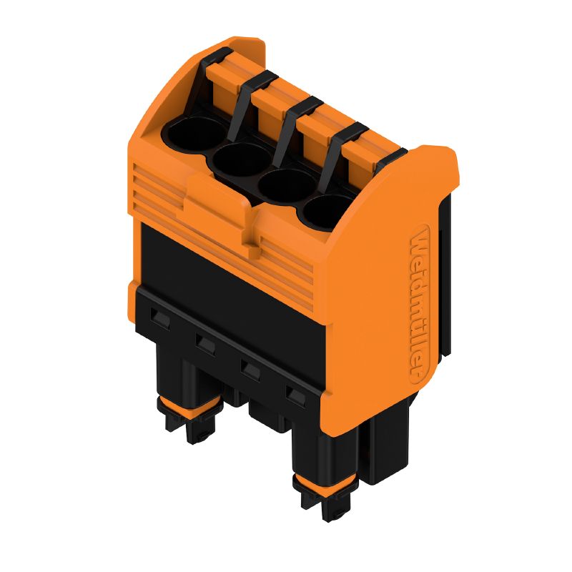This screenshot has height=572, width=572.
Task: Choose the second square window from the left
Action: click(x=205, y=345)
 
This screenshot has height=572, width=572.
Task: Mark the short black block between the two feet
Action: click(x=265, y=415)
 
